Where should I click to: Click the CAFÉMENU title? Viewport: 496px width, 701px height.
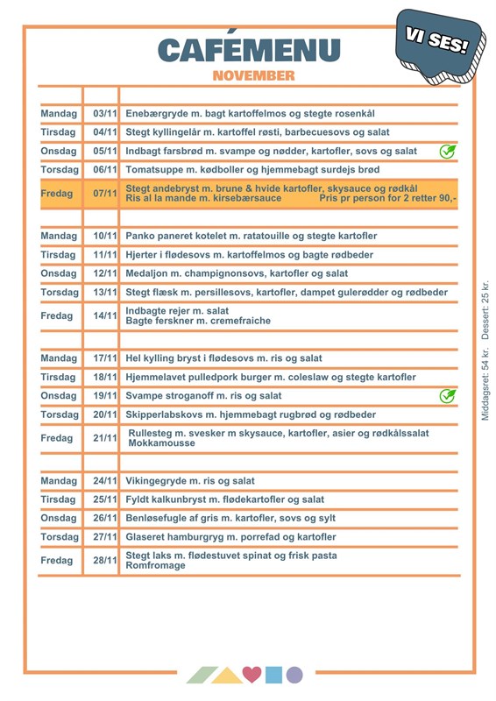(249, 50)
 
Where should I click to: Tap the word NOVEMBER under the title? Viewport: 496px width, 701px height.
(253, 76)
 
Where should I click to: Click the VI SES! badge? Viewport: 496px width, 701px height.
(437, 42)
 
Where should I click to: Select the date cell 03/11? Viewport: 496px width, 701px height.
(104, 114)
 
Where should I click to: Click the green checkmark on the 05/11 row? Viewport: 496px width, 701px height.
(447, 151)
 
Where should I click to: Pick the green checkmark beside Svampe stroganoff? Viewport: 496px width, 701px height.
(447, 395)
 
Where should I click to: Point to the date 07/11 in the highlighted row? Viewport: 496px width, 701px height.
(104, 193)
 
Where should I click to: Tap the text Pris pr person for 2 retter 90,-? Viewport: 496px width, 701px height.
(387, 199)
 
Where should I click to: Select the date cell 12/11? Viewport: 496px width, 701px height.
(104, 273)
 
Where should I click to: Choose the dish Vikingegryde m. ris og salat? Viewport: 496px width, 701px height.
(190, 481)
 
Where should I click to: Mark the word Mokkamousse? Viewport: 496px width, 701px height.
(161, 444)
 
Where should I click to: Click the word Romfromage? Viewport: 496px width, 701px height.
(155, 566)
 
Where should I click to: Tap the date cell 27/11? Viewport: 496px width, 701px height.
(104, 536)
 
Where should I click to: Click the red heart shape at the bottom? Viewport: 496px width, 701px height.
(252, 675)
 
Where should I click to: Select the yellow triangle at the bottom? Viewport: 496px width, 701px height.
(228, 675)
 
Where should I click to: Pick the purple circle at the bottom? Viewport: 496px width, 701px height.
(294, 675)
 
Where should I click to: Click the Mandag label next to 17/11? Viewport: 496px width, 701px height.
(59, 358)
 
